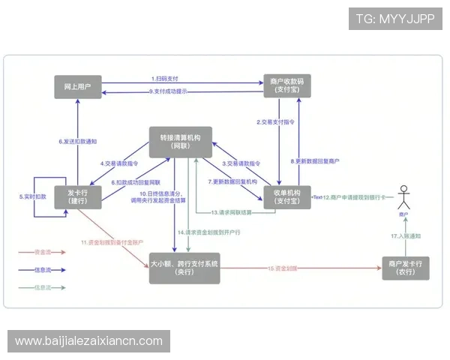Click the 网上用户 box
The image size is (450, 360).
(x=78, y=86)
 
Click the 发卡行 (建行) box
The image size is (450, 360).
(x=78, y=194)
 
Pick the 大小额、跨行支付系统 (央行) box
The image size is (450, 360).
(x=184, y=268)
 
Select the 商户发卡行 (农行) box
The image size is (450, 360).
(x=406, y=268)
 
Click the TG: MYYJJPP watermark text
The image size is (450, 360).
(x=395, y=19)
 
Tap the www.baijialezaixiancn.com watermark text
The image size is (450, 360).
(x=88, y=341)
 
